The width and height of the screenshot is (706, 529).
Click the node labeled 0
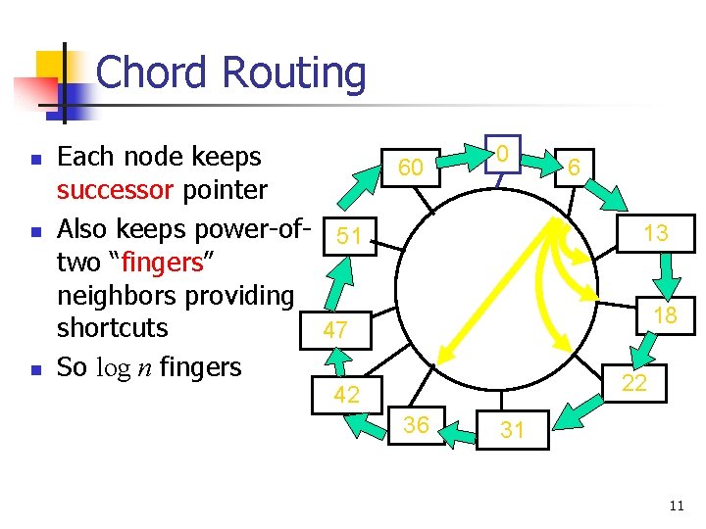click(501, 153)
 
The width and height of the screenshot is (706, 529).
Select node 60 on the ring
click(410, 168)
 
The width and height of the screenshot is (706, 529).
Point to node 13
click(655, 233)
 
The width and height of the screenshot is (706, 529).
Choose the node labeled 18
click(665, 314)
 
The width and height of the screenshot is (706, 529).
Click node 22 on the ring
click(634, 383)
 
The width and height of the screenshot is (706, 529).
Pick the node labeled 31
click(512, 429)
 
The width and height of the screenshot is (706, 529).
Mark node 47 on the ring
click(335, 330)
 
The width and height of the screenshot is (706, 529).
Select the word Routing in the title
click(294, 72)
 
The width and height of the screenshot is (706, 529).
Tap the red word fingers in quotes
click(162, 263)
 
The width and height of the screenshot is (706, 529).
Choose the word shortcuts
click(113, 328)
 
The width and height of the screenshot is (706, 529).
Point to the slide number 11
click(676, 505)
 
